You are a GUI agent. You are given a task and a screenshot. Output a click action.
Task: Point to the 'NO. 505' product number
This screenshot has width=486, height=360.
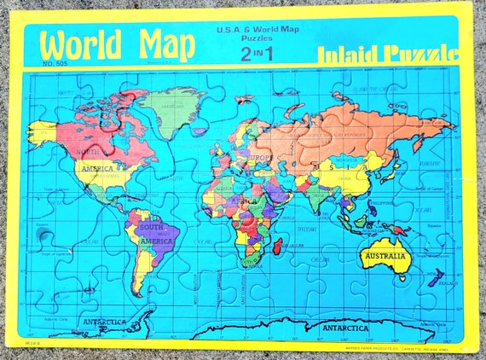click(55, 64)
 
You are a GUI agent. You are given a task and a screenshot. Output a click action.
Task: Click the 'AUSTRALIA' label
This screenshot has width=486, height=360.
click(385, 255)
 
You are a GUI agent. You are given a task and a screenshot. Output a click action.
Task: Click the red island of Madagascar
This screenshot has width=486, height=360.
click(279, 247)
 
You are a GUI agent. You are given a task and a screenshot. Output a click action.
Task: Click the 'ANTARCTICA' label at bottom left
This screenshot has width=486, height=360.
click(105, 322)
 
